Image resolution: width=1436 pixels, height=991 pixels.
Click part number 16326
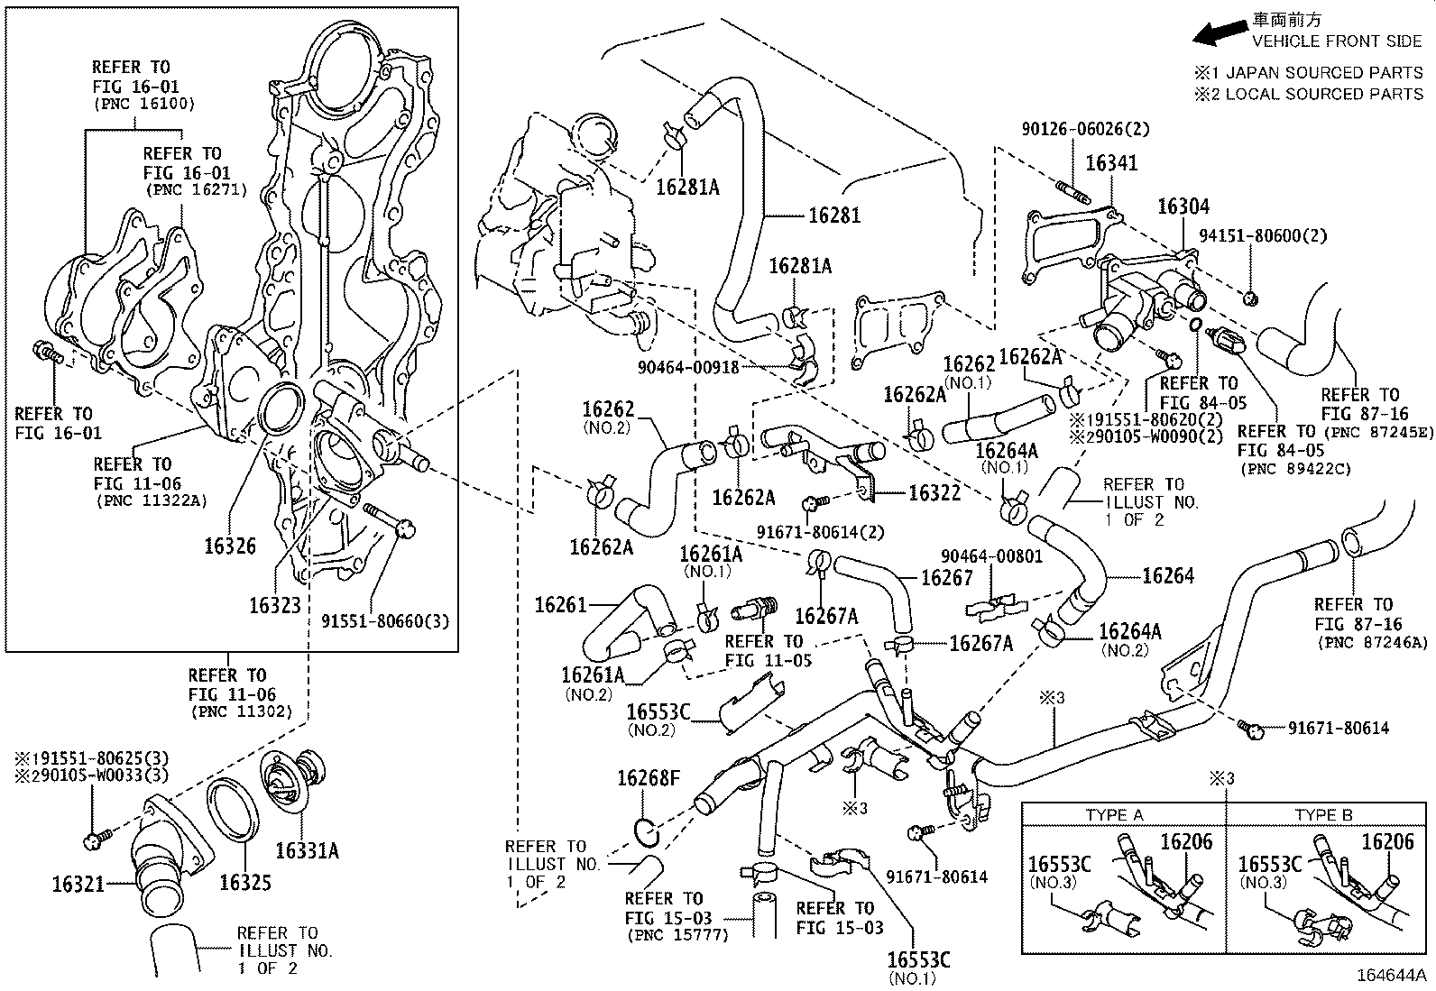[x=229, y=546]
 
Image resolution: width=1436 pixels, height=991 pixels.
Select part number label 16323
[x=274, y=604]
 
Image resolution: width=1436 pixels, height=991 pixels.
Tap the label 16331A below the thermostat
[x=307, y=850]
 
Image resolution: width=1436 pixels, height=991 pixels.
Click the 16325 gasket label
[x=245, y=882]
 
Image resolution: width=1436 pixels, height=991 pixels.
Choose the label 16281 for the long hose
[x=833, y=215]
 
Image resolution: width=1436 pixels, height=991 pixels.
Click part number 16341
[x=1111, y=163]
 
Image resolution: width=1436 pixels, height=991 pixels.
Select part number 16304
[x=1183, y=207]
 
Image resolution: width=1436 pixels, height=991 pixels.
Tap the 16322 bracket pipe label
[x=934, y=492]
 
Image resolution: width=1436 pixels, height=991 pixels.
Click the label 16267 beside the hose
[x=946, y=577]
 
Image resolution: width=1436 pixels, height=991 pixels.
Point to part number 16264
[x=1168, y=575]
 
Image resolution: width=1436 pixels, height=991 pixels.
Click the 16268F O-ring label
[x=649, y=777]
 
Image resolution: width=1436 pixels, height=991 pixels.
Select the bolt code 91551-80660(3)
[x=385, y=621]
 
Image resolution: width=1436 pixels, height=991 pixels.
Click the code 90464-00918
[x=688, y=367]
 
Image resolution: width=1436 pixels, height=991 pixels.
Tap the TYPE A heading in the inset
[x=1114, y=815]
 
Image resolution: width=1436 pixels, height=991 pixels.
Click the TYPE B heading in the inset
[x=1323, y=815]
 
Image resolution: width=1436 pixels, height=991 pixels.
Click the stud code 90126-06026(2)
[x=1085, y=129]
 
